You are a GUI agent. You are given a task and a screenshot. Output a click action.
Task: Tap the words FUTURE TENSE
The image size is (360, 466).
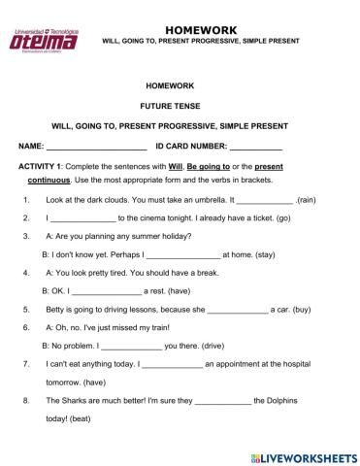click(x=180, y=106)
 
